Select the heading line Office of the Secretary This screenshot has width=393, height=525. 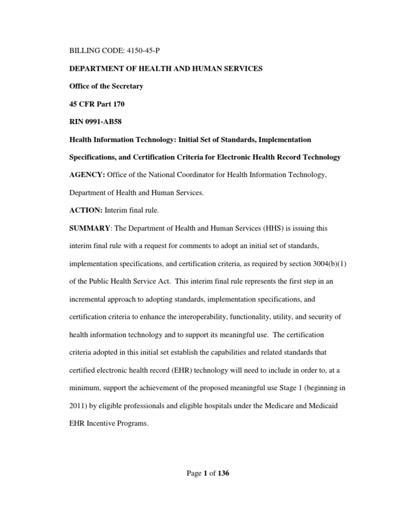click(x=106, y=86)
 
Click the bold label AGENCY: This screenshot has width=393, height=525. click(x=87, y=175)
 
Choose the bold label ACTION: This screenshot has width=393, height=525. click(x=85, y=211)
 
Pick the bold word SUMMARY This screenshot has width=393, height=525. click(x=87, y=228)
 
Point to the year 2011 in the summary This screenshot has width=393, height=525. click(x=78, y=406)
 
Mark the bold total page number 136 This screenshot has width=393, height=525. click(x=223, y=473)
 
